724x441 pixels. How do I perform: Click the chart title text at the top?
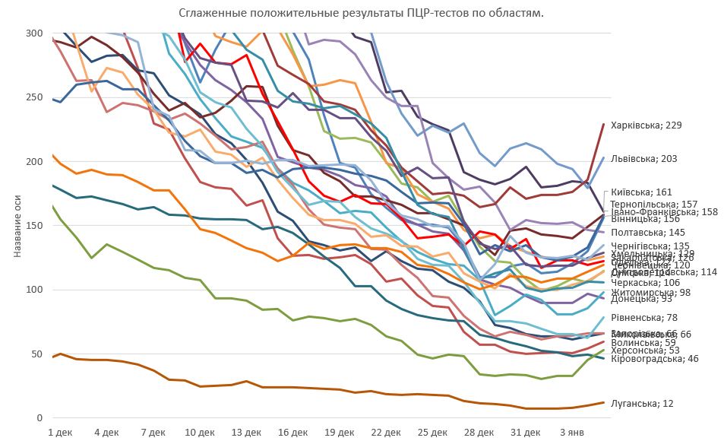pos(362,13)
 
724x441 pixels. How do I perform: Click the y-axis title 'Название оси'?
pos(17,225)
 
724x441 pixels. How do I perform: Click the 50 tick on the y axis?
pos(36,354)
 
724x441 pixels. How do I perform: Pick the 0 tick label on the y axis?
pos(39,417)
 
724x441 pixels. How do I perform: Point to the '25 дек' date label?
pos(433,432)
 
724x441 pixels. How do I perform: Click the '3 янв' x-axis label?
pos(572,432)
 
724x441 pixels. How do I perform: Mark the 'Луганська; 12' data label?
pos(642,403)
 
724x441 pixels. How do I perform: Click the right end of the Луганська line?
pos(603,402)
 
